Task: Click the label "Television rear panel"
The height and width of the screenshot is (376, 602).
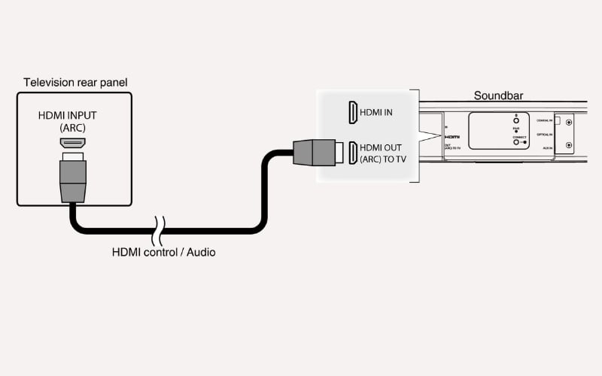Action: pyautogui.click(x=74, y=82)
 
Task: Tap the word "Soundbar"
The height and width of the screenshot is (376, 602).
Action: pyautogui.click(x=498, y=96)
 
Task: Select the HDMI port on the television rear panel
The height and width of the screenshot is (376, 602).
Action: pyautogui.click(x=73, y=141)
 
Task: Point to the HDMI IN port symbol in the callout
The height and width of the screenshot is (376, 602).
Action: pyautogui.click(x=352, y=113)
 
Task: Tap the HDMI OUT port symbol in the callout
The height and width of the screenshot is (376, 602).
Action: pyautogui.click(x=352, y=153)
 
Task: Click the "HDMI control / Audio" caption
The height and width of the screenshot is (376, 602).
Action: pyautogui.click(x=163, y=252)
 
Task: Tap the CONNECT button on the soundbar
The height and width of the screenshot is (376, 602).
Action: pyautogui.click(x=515, y=142)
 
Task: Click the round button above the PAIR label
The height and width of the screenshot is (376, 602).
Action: pyautogui.click(x=515, y=119)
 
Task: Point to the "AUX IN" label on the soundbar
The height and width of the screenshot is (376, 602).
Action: pyautogui.click(x=546, y=148)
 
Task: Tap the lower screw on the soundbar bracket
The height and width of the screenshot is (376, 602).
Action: pyautogui.click(x=568, y=145)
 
